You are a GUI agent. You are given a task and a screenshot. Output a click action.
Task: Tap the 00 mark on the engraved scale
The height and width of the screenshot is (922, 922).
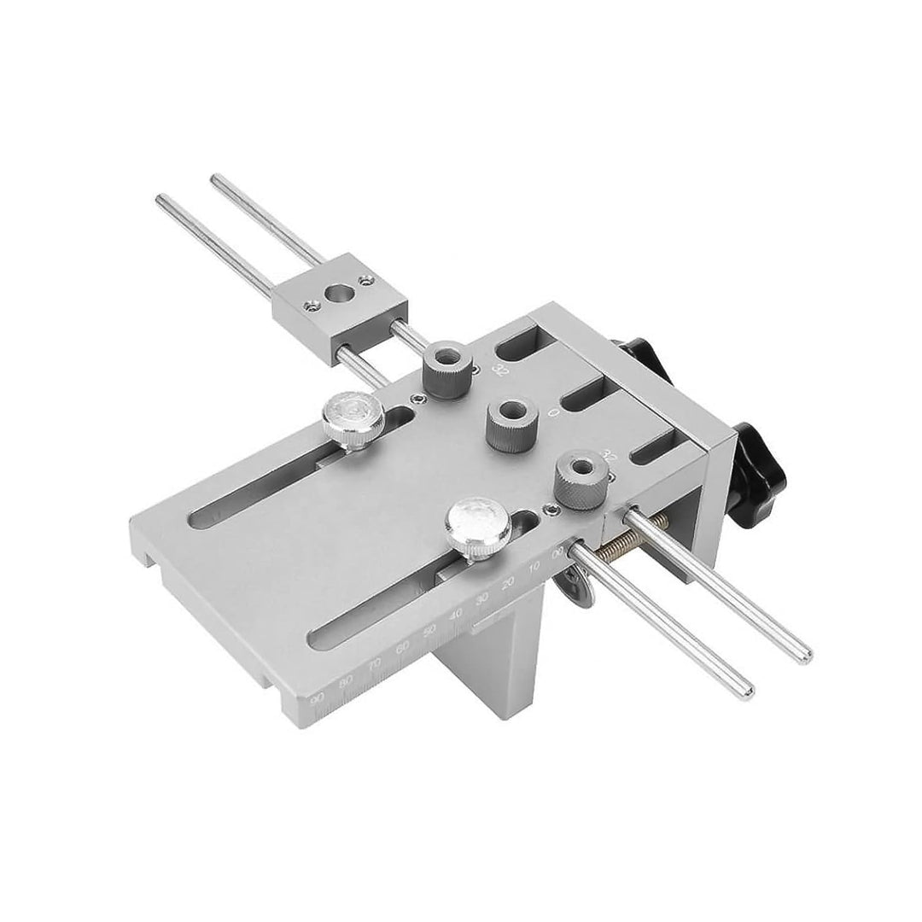pos(559,553)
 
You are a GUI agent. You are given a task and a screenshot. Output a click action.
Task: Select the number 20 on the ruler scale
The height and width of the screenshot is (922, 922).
pos(510,583)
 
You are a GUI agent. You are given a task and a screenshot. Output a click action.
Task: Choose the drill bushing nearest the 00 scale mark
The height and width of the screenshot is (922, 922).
pos(580,479)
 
